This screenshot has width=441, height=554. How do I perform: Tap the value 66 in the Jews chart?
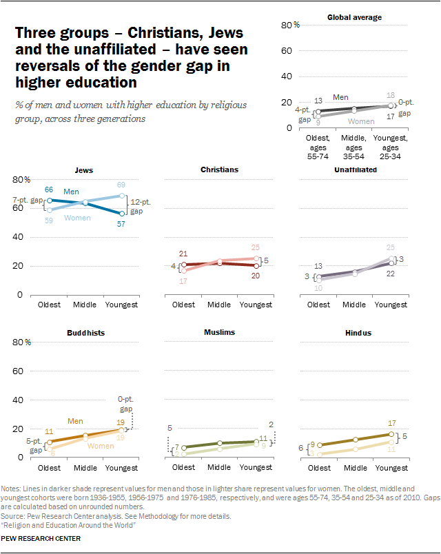pyautogui.click(x=50, y=189)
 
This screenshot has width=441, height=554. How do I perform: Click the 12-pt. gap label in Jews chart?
pyautogui.click(x=140, y=205)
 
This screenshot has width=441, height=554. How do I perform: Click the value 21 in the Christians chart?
pyautogui.click(x=183, y=254)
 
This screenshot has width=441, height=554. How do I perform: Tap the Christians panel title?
pyautogui.click(x=219, y=170)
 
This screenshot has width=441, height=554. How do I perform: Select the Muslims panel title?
pyautogui.click(x=219, y=332)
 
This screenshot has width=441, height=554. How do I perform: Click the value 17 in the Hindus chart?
pyautogui.click(x=392, y=423)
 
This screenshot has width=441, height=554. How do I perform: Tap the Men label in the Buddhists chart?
pyautogui.click(x=76, y=420)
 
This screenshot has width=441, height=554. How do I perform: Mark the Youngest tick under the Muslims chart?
pyautogui.click(x=255, y=467)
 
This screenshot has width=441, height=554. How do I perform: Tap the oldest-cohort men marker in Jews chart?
pyautogui.click(x=50, y=201)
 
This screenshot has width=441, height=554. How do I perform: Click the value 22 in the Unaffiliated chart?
pyautogui.click(x=391, y=274)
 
